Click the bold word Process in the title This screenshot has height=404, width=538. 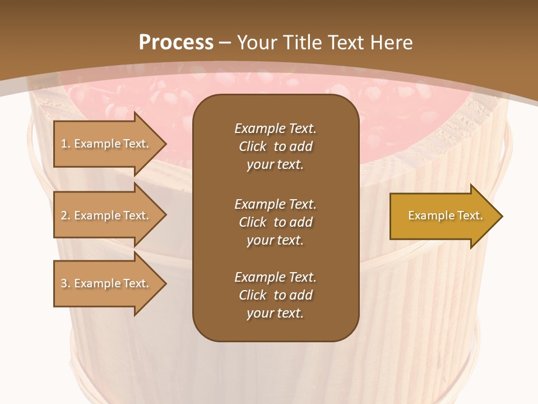176,43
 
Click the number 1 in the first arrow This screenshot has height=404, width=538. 64,144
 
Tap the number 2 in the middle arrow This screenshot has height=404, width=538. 64,215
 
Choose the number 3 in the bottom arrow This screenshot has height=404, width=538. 64,283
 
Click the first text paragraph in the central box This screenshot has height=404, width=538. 275,146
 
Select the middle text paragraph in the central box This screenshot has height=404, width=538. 275,222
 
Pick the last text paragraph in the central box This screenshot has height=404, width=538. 275,295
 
